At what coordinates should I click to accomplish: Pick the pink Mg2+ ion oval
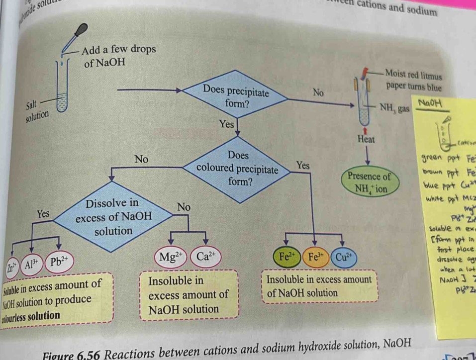pos(170,257)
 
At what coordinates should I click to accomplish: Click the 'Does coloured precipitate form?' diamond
pos(238,169)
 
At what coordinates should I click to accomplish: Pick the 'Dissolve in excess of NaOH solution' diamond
pos(106,217)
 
